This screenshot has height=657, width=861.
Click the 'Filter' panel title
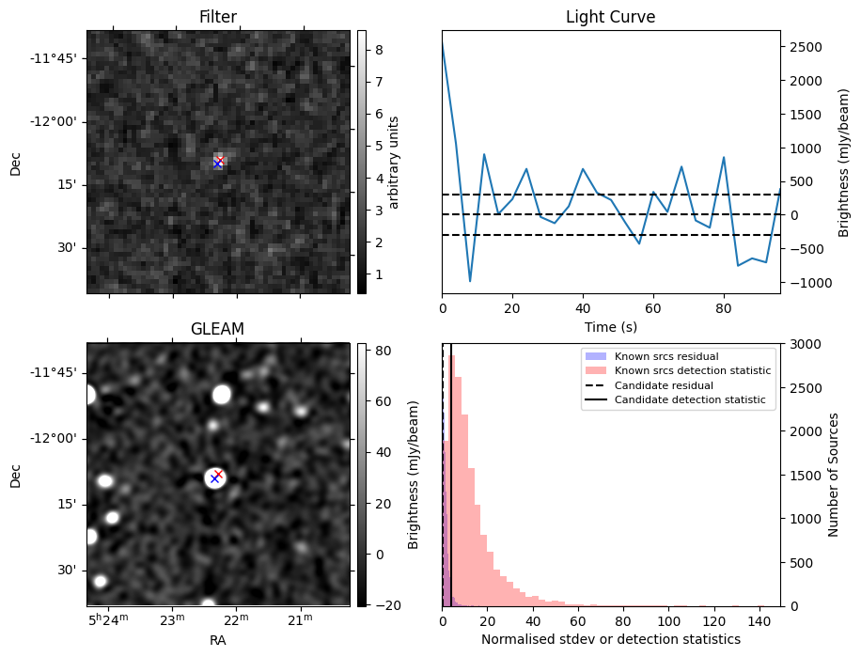[x=218, y=17]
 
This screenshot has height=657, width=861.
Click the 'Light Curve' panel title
[x=610, y=17]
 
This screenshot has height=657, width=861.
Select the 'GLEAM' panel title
[x=218, y=329]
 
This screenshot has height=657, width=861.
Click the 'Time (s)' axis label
[x=610, y=325]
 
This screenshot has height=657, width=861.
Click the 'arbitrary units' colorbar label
[x=394, y=162]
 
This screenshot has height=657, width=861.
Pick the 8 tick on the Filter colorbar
[x=375, y=50]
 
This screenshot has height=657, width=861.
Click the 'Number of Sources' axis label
[x=834, y=475]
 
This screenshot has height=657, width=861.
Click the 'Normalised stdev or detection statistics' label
[x=610, y=639]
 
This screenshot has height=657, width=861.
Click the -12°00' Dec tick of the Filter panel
[x=54, y=121]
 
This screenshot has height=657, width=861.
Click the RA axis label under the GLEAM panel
[x=218, y=640]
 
